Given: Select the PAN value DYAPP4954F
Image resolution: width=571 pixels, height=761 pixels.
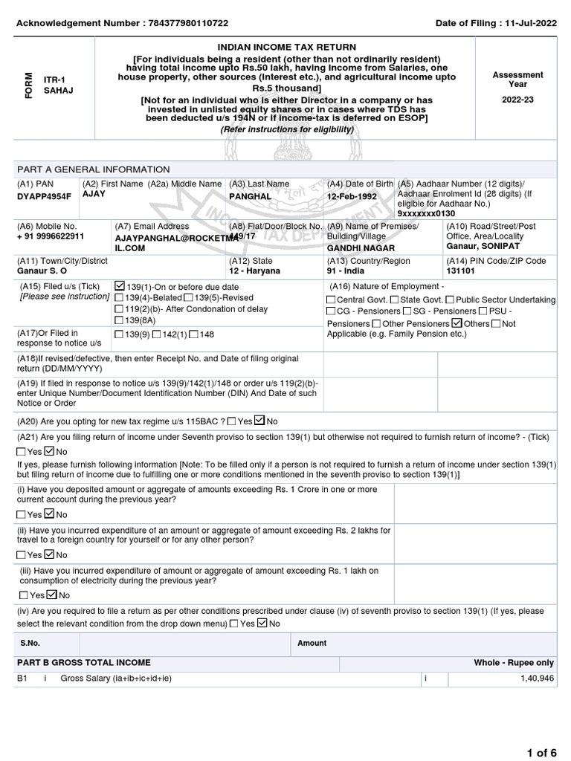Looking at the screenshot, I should click(45, 197).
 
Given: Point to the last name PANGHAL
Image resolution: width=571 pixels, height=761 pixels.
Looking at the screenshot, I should click(251, 197).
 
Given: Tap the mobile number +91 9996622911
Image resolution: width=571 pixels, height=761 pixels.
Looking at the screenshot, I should click(51, 236).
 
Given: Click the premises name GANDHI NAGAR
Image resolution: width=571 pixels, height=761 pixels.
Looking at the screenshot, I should click(361, 248).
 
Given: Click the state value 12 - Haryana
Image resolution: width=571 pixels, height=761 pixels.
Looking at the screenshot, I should click(255, 271).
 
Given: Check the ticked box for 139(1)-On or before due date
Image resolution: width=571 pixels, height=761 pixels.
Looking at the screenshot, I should click(120, 286).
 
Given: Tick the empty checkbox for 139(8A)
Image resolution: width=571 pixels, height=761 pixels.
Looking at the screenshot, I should click(120, 320).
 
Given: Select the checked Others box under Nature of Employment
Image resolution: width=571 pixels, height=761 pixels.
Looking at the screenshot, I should click(457, 323).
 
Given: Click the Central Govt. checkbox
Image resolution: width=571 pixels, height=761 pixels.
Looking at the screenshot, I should click(331, 299).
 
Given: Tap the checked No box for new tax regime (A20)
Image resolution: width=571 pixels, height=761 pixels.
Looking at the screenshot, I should click(259, 420).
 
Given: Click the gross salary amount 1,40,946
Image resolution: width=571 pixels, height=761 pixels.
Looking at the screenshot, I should click(537, 679).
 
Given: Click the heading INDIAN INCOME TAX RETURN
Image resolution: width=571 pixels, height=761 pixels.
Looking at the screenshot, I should click(286, 48).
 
